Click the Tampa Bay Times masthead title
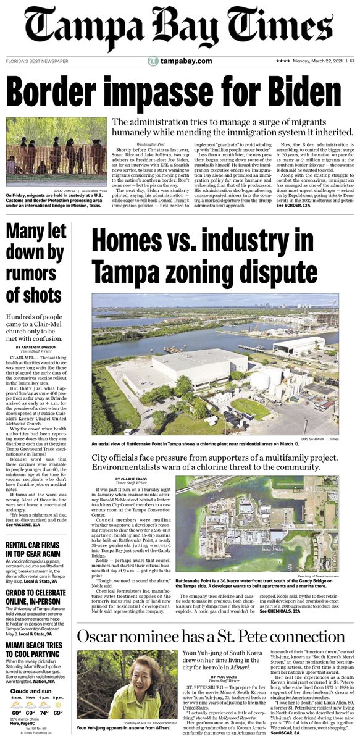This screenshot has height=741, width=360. point(180,28)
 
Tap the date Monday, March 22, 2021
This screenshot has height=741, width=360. point(315,61)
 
